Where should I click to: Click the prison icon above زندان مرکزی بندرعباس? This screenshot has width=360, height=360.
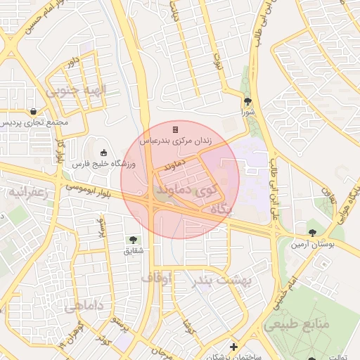(x=175, y=129)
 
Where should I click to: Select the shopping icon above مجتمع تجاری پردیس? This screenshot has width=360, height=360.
(x=34, y=111)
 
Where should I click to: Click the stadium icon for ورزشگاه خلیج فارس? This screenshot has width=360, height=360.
(x=104, y=153)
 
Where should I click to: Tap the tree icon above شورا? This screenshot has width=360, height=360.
(x=247, y=101)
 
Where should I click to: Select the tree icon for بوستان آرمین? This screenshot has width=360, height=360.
(x=312, y=233)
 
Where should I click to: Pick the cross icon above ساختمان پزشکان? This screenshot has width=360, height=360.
(x=233, y=347)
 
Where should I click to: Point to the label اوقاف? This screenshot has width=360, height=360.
(x=156, y=278)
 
